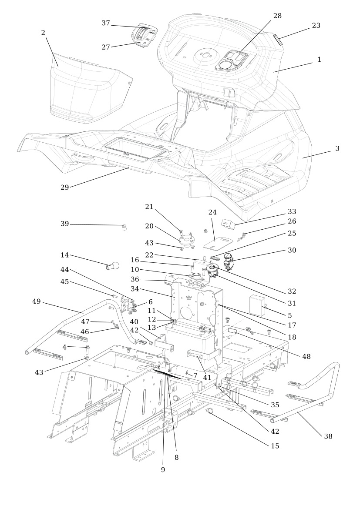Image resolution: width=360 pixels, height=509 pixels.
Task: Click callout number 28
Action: coord(277,16)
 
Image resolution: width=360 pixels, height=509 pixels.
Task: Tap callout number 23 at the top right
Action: coord(316,26)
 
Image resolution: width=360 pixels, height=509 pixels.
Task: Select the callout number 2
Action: coord(43,33)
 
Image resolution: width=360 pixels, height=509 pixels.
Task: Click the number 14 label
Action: coord(65,254)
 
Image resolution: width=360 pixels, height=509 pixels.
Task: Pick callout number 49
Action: coord(37,301)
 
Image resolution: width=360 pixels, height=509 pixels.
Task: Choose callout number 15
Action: coord(274,446)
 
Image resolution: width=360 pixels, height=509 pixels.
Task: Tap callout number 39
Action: coord(65,224)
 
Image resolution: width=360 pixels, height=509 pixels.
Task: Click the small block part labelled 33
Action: coord(228,224)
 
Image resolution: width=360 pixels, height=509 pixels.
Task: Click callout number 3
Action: coord(337,148)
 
